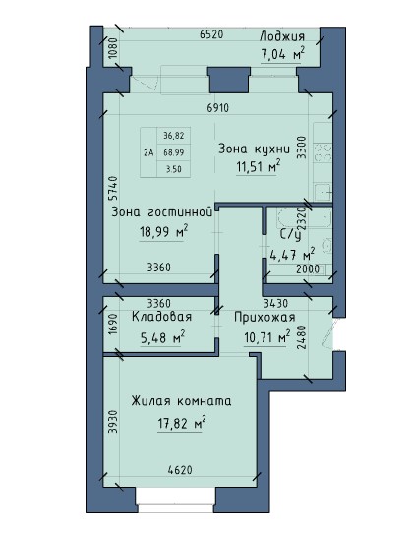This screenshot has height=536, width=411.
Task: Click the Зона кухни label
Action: (x=255, y=149)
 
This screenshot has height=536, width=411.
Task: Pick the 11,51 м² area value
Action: (x=258, y=167)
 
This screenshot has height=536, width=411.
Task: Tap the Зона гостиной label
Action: (x=161, y=210)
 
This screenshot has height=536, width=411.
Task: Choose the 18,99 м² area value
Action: (x=163, y=232)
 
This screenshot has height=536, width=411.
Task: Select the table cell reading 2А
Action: (x=148, y=152)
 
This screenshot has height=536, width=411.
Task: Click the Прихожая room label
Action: (x=264, y=317)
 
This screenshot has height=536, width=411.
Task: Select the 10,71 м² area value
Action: (x=264, y=338)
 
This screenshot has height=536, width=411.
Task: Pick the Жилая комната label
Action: (x=181, y=401)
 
